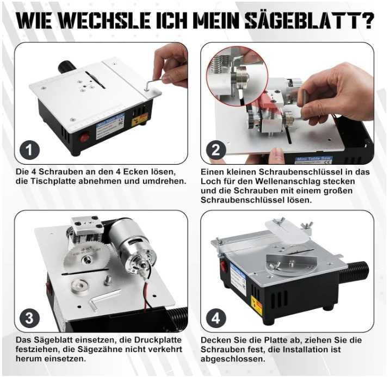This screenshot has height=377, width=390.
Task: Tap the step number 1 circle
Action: (29, 150)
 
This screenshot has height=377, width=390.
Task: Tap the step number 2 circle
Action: (216, 150)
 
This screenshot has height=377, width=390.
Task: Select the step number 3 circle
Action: (29, 318)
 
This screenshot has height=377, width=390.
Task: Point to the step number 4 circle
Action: (216, 318)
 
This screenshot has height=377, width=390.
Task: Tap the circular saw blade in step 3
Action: (84, 258)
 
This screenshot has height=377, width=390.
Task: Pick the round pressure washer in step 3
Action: (80, 286)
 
